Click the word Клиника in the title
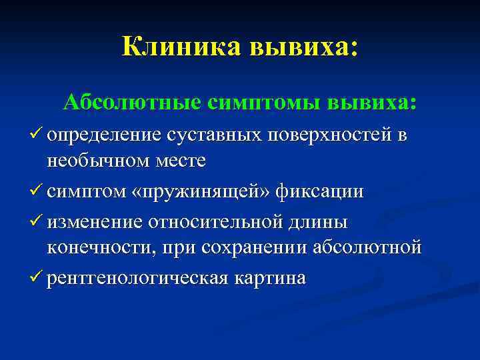coord(182,47)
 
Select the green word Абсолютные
coord(133,102)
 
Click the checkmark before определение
coord(35,133)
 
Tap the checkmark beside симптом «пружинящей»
coord(35,190)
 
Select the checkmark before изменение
coord(35,220)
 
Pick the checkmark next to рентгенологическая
coord(35,277)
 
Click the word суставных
coord(214,135)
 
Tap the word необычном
coord(98,161)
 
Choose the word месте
coord(181,161)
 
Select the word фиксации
coord(319,191)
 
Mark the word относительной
coord(216,222)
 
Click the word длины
coord(318,223)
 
